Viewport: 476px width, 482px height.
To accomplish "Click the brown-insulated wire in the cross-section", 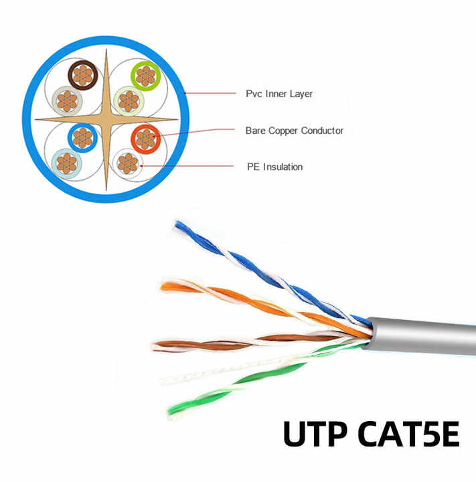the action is pos(83,75).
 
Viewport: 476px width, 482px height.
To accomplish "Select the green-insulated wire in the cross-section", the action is pos(145,76).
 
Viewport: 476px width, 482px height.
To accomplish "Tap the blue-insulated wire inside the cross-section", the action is pos(82,138).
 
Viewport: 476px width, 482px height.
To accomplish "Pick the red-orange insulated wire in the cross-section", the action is pos(146,139).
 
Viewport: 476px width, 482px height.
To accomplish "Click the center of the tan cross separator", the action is pos(106,119).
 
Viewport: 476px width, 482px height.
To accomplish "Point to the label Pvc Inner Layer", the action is pos(279,94).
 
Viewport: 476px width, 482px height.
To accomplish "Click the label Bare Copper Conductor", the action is pos(295,131).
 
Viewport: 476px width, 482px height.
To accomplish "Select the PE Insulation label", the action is pos(274,167).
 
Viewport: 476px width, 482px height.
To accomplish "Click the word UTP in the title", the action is pos(316,434).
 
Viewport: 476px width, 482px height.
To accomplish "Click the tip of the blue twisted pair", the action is pos(177,224).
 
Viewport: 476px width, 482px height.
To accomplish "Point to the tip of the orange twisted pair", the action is pos(163,287).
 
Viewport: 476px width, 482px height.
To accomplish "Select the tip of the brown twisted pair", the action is pos(155,346).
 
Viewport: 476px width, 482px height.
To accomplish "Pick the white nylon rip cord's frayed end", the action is pos(165,380).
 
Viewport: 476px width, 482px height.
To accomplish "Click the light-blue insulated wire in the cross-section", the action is pos(66,163).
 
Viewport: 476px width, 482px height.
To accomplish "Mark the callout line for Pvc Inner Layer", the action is pos(210,93).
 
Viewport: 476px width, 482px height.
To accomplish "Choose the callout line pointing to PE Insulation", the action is pos(187,166).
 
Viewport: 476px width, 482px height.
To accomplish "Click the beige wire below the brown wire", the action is pos(67,101).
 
